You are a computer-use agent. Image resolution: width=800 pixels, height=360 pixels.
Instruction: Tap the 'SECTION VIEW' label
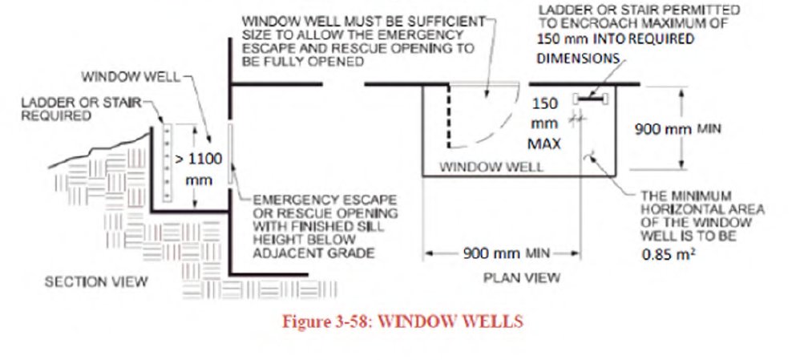[x=95, y=281]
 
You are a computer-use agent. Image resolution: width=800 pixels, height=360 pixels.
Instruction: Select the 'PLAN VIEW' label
[x=522, y=277]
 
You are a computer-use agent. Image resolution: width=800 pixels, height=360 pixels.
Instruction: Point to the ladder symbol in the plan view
[x=591, y=99]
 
